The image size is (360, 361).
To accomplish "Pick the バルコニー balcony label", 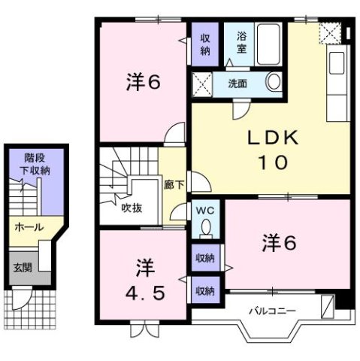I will coord(272,310).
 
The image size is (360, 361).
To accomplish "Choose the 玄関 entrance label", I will coord(22,267).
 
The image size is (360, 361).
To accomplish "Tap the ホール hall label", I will coord(28,227).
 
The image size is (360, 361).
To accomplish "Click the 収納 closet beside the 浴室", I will coord(204,44).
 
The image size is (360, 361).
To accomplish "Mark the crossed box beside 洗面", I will coord(201,82).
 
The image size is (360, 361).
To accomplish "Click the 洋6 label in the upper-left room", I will coord(143,82).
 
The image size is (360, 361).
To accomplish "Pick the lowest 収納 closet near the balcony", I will coord(204,289).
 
